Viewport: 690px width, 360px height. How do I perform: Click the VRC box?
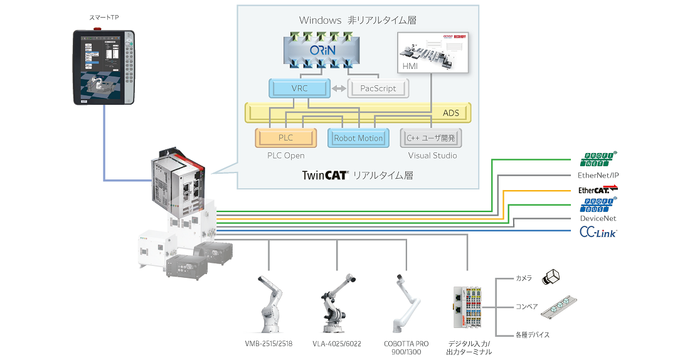(300, 88)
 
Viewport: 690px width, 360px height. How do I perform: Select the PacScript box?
(378, 88)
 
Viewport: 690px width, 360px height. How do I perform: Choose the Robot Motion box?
(358, 138)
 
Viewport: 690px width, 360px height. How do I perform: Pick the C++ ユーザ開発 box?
(431, 138)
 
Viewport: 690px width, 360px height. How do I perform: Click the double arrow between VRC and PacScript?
(339, 88)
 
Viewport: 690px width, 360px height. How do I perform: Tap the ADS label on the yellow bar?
(451, 114)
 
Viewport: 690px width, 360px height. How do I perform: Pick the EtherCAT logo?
(597, 189)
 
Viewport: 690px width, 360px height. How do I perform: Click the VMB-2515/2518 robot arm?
(270, 304)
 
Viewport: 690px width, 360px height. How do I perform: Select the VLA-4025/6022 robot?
(336, 304)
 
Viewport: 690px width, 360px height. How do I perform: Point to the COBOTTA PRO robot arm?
(405, 304)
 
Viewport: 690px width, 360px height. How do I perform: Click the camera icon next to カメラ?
(553, 277)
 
